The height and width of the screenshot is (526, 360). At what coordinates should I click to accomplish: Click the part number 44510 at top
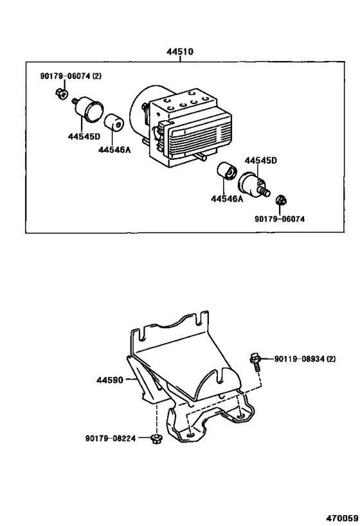tap(180, 52)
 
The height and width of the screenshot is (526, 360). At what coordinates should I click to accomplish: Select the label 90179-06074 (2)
tap(71, 76)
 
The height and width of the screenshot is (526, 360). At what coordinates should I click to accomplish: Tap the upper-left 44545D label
tap(84, 137)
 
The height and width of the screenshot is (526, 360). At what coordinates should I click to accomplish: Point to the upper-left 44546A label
tap(114, 150)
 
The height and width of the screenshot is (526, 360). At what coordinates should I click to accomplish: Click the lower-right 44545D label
tap(260, 161)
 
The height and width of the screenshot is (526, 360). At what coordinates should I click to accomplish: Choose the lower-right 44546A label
tap(227, 199)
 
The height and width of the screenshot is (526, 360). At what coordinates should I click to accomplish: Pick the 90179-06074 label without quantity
tap(280, 219)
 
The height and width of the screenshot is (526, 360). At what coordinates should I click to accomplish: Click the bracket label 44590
tap(110, 380)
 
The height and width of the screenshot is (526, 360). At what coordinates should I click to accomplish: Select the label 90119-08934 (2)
tap(305, 359)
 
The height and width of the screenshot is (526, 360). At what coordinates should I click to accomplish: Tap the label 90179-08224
tap(111, 439)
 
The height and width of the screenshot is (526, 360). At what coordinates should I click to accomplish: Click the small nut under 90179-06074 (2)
tap(61, 93)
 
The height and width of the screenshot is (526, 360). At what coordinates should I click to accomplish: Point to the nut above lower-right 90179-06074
tap(281, 200)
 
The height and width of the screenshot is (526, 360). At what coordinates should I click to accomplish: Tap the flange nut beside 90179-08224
tap(156, 439)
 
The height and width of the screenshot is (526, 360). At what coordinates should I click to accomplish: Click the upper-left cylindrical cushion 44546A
tap(114, 123)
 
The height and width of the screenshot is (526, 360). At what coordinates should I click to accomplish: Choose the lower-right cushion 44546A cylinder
tap(227, 172)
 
